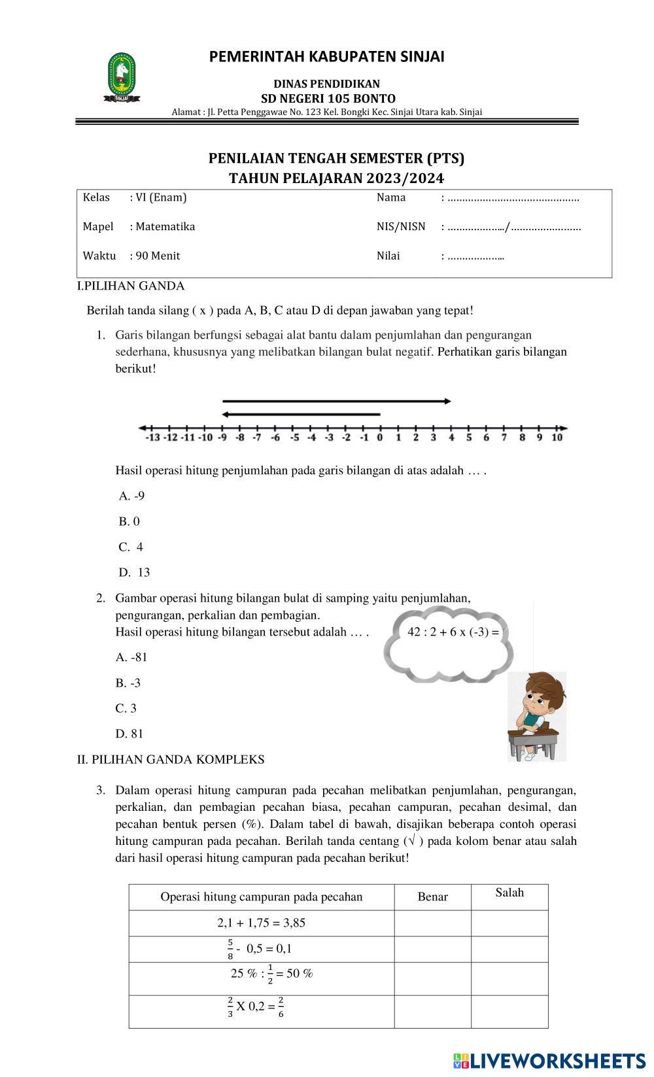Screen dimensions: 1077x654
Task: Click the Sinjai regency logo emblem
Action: [122, 77]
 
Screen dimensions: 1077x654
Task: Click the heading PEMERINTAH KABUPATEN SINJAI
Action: [326, 57]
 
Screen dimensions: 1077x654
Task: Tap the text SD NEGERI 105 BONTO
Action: [328, 99]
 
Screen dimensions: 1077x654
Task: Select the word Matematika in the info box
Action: [165, 227]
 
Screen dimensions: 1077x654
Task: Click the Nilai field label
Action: [388, 256]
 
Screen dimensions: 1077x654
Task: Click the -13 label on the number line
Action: [152, 437]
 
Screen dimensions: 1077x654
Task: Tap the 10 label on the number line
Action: [557, 437]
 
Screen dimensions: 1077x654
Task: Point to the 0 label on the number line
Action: [379, 437]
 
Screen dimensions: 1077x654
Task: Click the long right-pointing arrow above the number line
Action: [337, 401]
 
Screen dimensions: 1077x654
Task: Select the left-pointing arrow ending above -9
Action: [301, 414]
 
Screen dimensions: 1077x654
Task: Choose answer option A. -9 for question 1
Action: [131, 496]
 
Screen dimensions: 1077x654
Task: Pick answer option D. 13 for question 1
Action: [135, 573]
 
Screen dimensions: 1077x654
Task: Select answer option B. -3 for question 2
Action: [128, 683]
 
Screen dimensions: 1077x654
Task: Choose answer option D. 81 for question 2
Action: [129, 734]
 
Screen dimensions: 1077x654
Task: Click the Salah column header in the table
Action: [509, 893]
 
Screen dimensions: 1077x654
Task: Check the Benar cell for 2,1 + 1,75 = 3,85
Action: [432, 923]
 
